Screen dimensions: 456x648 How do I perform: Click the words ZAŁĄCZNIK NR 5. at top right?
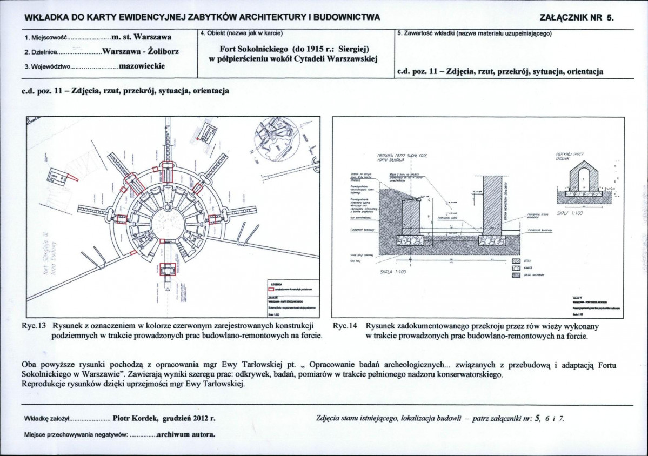click(577, 17)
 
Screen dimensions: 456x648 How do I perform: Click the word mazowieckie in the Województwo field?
click(142, 66)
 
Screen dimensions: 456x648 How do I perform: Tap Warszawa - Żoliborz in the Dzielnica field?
click(141, 52)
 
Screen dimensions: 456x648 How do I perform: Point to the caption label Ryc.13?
click(36, 326)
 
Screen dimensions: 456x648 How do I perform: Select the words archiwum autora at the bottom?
click(186, 434)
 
